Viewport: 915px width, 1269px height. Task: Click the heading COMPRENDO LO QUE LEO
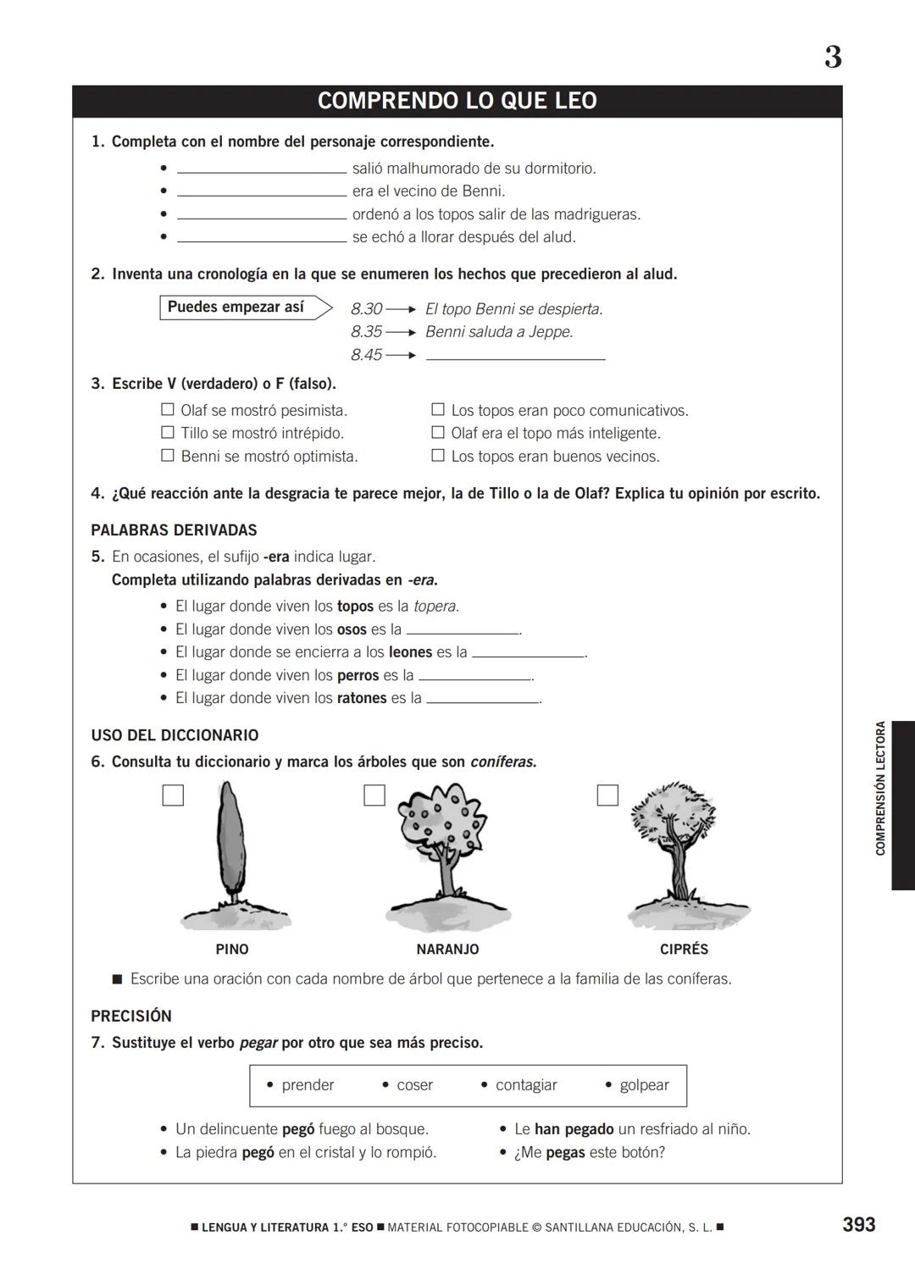pos(457,101)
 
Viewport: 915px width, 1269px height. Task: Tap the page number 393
pos(858,1224)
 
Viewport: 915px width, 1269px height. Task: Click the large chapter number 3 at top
pos(833,58)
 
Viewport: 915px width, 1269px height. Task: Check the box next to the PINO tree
pos(173,795)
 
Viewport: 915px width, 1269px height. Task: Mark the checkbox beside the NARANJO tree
pos(374,795)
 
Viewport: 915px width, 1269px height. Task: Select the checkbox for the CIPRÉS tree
pos(607,795)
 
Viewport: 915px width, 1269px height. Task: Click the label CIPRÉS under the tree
pos(684,950)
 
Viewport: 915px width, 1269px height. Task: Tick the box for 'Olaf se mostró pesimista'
pos(168,410)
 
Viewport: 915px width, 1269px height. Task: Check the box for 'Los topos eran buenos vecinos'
pos(438,456)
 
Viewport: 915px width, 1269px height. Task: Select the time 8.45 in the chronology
pos(366,355)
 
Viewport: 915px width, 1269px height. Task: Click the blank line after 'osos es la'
pos(463,630)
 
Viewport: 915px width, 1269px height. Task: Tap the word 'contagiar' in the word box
pos(525,1085)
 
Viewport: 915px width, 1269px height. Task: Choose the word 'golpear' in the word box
pos(644,1085)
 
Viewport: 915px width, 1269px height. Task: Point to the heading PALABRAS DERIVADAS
pos(174,530)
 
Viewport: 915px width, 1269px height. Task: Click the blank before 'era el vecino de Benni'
pos(262,192)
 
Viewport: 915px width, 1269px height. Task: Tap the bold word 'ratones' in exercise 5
pos(362,698)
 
